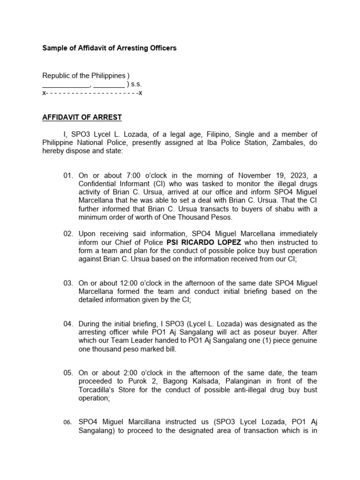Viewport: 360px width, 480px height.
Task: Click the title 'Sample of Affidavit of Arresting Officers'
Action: tap(109, 48)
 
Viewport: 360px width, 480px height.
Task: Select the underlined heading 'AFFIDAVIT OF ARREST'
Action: tap(82, 117)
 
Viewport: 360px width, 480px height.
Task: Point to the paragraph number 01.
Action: tap(68, 175)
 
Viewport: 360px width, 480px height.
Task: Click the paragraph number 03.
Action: tap(68, 283)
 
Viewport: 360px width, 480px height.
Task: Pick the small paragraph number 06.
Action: tap(68, 422)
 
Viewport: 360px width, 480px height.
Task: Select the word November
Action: tap(243, 175)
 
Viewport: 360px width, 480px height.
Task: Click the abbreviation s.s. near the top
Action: tap(136, 84)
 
